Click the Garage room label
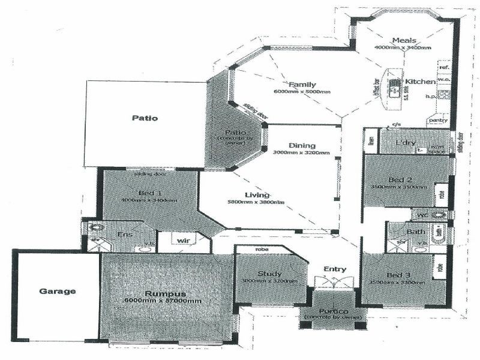click(x=58, y=292)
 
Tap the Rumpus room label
click(x=164, y=294)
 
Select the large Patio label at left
click(x=145, y=118)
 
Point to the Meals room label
click(x=404, y=40)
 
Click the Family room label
click(x=302, y=85)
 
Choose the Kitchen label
click(x=419, y=81)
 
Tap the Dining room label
click(x=301, y=146)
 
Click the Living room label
click(x=257, y=195)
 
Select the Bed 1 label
click(x=146, y=193)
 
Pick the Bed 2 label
click(x=399, y=180)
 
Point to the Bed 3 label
click(x=399, y=275)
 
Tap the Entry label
click(x=334, y=269)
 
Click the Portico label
click(x=334, y=310)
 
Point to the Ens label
click(x=124, y=235)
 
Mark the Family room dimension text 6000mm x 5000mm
click(x=302, y=92)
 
